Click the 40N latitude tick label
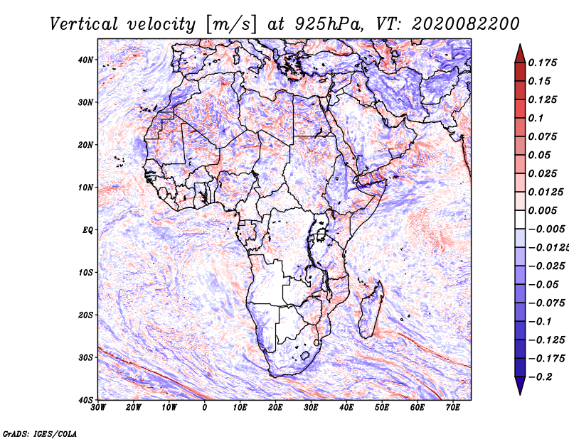tap(85, 60)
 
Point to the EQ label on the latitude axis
tap(87, 230)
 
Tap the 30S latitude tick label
tap(85, 358)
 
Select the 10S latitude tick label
tap(85, 273)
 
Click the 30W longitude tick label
tap(98, 408)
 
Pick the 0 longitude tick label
tap(205, 408)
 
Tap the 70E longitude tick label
tap(453, 408)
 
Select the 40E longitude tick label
tap(346, 408)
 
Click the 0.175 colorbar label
tap(543, 63)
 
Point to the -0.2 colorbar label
tap(541, 377)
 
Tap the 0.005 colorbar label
tap(543, 210)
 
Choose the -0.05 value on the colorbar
tap(543, 285)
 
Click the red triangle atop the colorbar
tap(520, 55)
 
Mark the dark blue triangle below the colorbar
tap(520, 385)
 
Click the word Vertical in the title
tap(84, 24)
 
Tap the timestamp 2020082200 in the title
tap(466, 24)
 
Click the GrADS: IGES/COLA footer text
tap(40, 434)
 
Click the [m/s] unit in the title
tap(232, 24)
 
